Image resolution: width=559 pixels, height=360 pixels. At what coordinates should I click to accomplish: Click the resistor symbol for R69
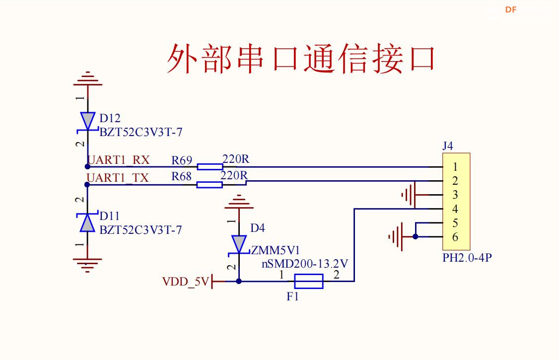tap(210, 167)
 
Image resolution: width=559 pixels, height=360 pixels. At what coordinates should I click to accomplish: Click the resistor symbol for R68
tap(210, 185)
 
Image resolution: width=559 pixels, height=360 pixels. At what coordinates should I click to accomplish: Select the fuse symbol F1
tap(308, 282)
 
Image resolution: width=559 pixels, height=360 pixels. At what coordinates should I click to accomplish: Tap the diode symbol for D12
tap(87, 121)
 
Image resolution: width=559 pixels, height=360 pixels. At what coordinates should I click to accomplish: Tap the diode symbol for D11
tap(87, 223)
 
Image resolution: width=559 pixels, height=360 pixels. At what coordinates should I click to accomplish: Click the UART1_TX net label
tap(118, 178)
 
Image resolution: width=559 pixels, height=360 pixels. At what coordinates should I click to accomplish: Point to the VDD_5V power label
tap(186, 282)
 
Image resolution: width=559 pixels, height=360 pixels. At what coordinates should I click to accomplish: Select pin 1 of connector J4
tap(455, 167)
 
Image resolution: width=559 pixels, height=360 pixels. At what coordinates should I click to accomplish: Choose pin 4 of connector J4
tap(455, 209)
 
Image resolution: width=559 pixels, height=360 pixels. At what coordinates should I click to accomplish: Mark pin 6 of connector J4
tap(455, 237)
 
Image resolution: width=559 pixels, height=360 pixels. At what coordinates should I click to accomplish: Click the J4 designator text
tap(448, 146)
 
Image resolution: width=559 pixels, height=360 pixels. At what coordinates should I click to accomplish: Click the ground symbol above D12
tap(87, 79)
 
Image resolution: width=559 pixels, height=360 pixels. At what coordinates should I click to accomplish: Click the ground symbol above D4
tap(239, 202)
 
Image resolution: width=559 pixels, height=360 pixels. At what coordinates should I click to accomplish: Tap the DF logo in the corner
tap(511, 9)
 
